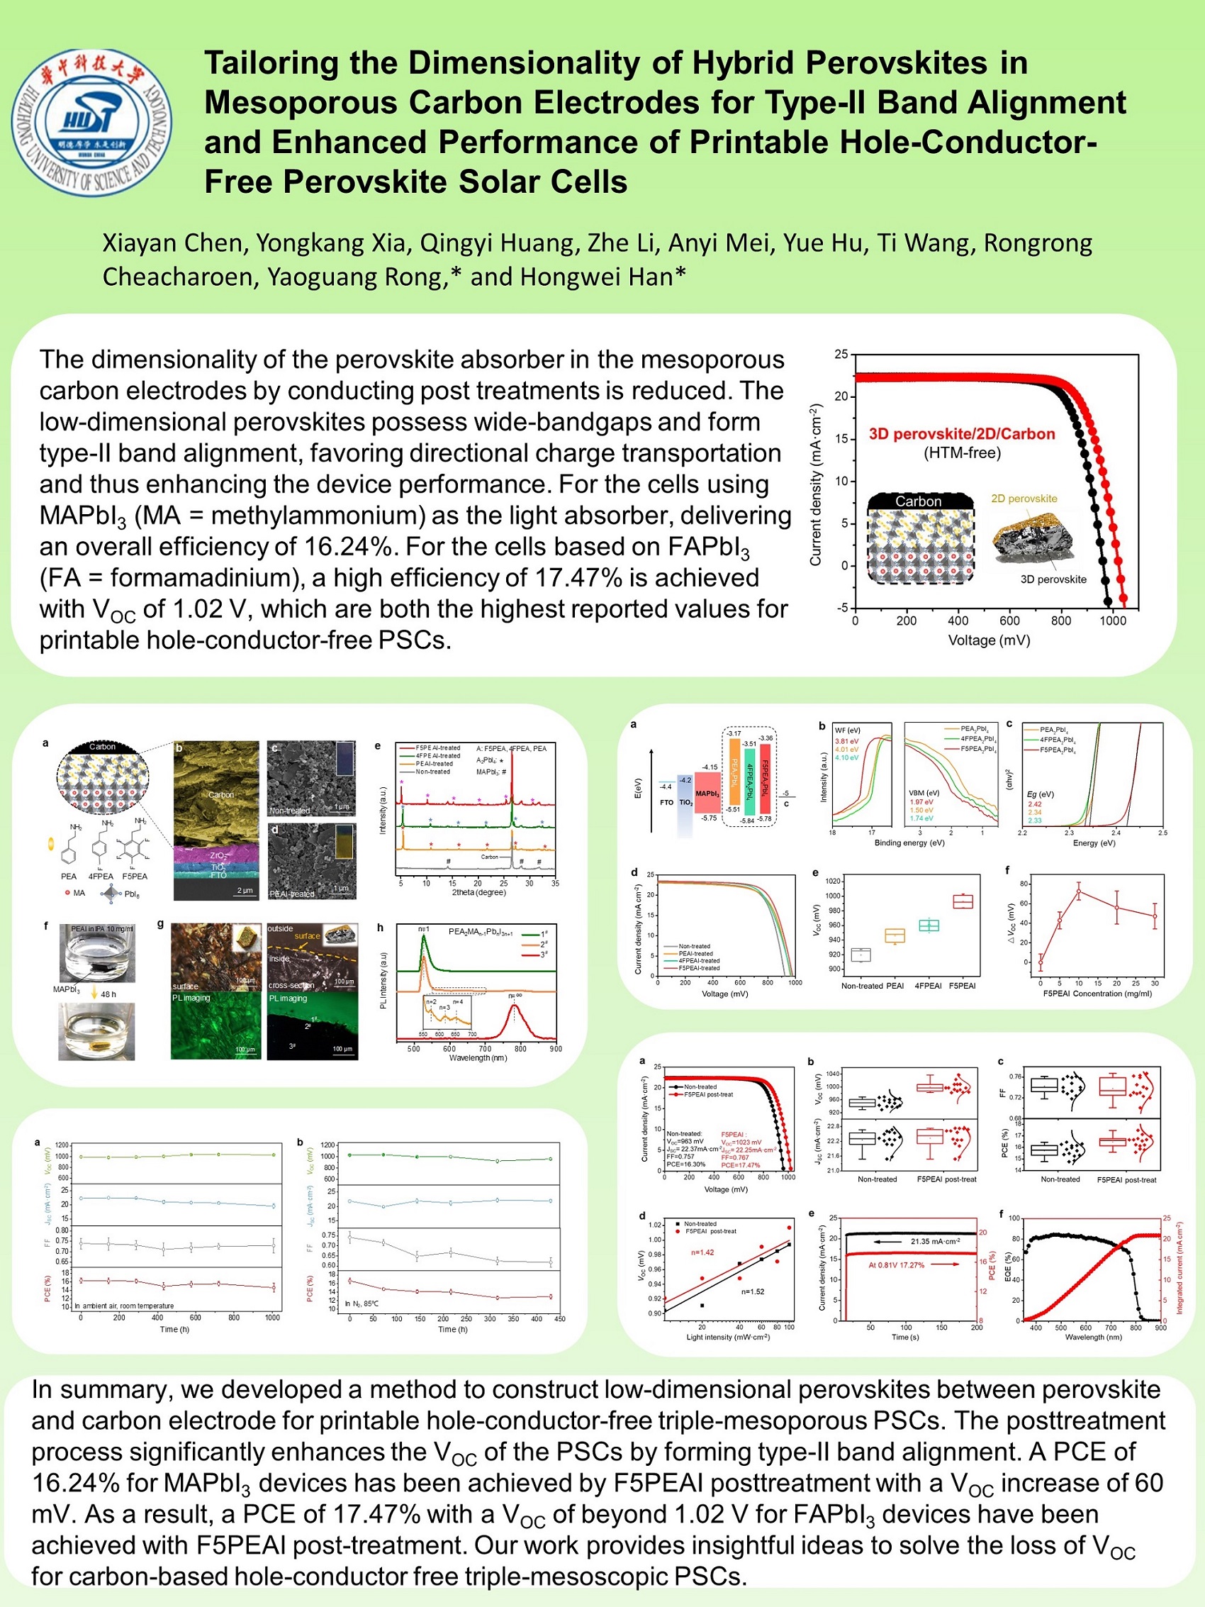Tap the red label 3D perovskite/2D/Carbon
click(x=962, y=434)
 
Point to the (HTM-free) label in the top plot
click(x=962, y=453)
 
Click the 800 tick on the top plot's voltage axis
click(x=1060, y=621)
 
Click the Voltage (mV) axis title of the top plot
click(x=989, y=640)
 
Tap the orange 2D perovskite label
click(x=1024, y=499)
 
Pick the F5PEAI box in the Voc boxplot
click(x=963, y=901)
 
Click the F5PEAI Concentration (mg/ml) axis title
click(x=1097, y=993)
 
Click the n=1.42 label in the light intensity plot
click(x=702, y=1252)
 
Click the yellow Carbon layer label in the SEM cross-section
click(x=221, y=794)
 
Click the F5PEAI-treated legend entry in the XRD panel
click(x=437, y=747)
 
